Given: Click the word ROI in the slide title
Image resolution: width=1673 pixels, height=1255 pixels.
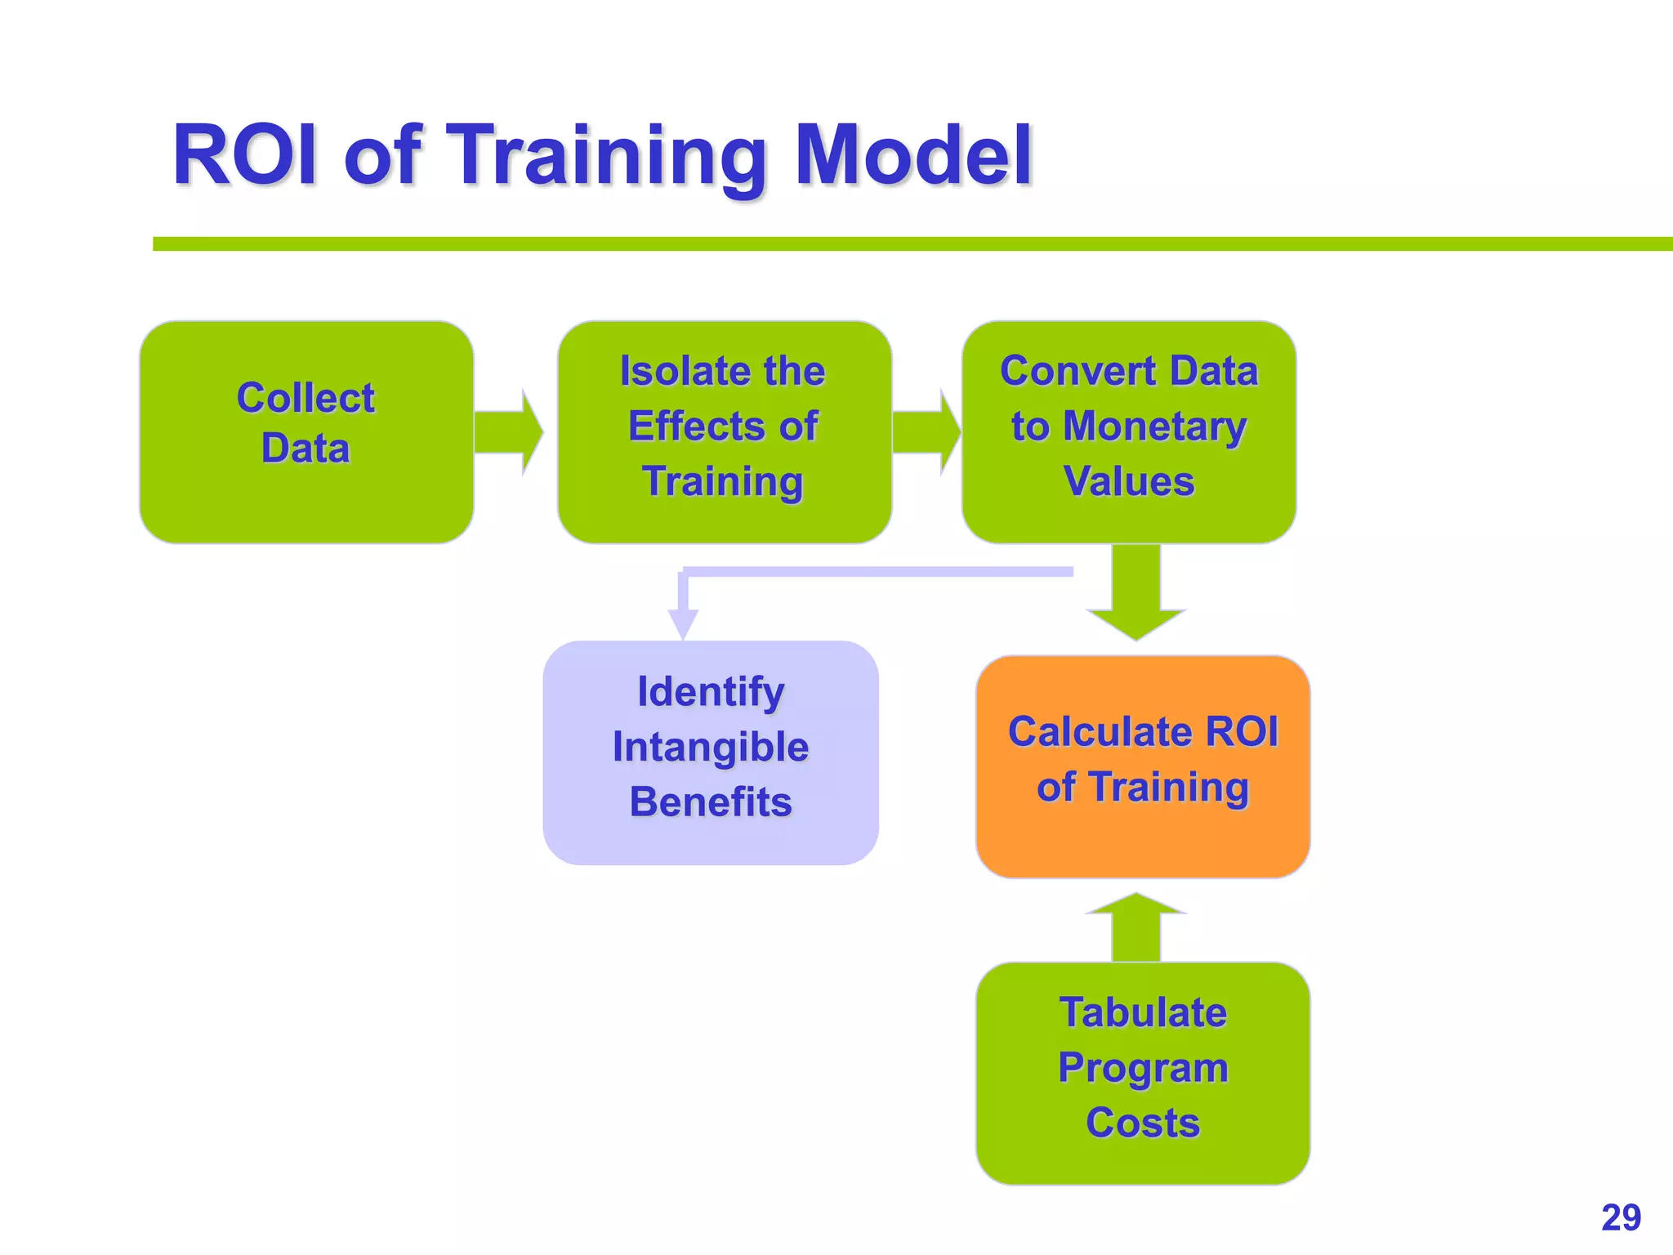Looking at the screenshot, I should click(x=245, y=154).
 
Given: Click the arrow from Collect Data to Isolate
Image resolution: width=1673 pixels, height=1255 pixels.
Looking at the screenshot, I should click(x=508, y=432).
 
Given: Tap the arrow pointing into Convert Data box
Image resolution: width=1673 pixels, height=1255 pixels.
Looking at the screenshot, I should click(x=926, y=432).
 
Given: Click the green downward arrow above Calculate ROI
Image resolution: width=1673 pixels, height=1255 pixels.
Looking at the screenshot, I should click(x=1135, y=596).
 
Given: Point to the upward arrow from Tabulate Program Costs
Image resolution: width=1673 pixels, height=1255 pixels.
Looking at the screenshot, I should click(x=1135, y=927).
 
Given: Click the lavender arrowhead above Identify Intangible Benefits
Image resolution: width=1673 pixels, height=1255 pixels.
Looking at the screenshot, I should click(x=683, y=623).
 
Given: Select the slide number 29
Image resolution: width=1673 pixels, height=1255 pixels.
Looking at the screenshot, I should click(x=1621, y=1217).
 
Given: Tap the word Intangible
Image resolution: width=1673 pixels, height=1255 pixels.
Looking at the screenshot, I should click(x=711, y=747).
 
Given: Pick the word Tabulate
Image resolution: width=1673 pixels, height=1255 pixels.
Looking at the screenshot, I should click(x=1143, y=1012).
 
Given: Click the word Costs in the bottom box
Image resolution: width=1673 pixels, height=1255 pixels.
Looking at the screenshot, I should click(x=1143, y=1123).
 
